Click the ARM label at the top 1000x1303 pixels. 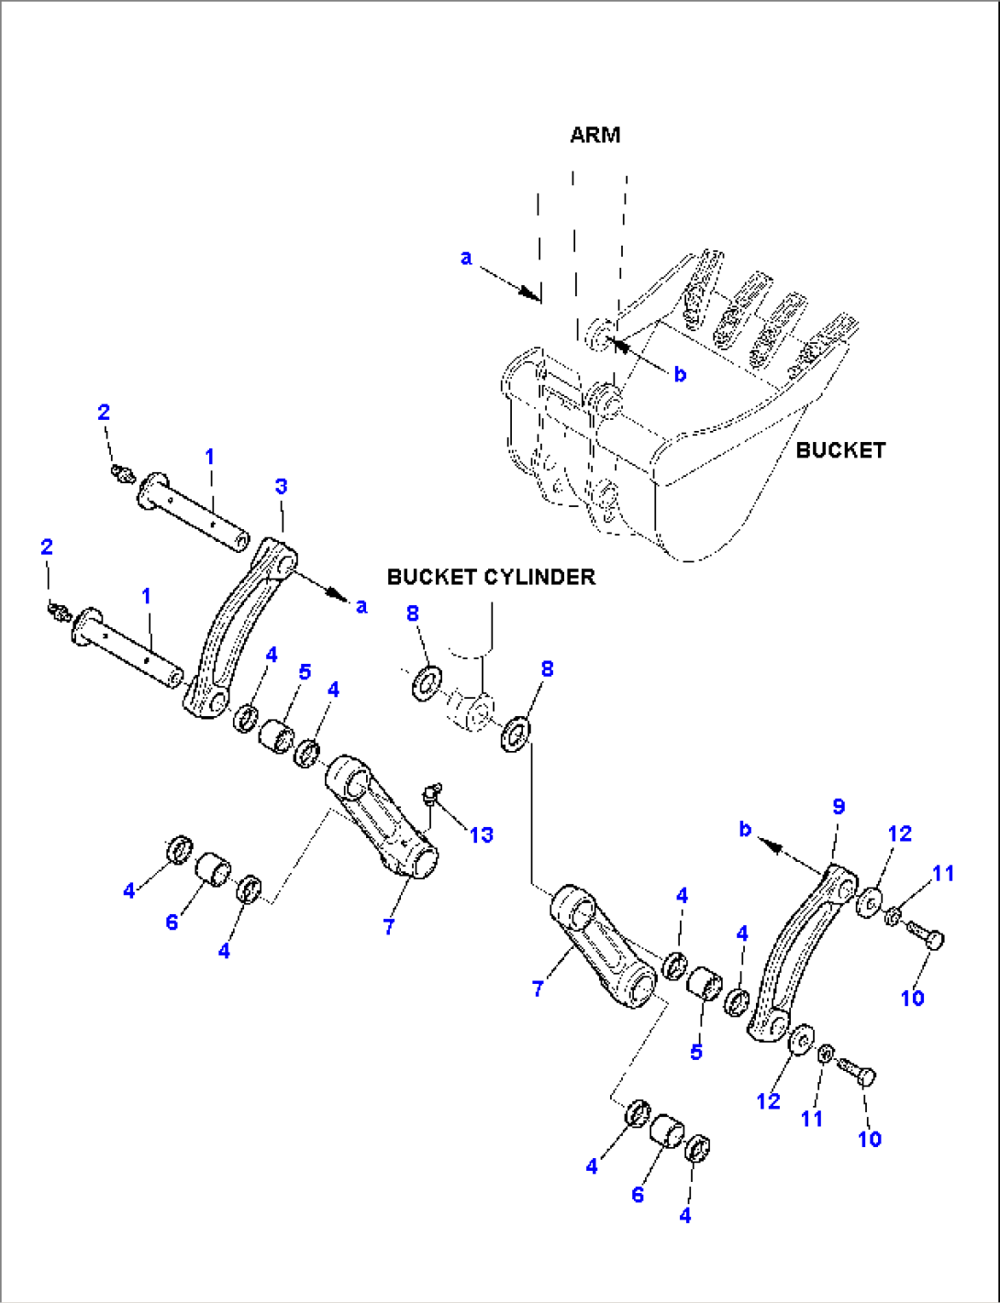[x=594, y=135]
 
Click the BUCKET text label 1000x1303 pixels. [x=839, y=450]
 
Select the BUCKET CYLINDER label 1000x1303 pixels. [x=491, y=577]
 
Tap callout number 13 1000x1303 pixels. [x=481, y=834]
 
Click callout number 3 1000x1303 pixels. [x=281, y=486]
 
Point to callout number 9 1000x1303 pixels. [x=838, y=806]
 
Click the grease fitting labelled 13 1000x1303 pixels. [x=432, y=791]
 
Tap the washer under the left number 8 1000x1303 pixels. [x=426, y=683]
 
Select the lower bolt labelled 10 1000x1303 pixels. [x=857, y=1072]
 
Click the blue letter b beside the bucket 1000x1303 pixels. [x=680, y=374]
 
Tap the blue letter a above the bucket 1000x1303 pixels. [x=466, y=258]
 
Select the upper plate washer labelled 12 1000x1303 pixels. [x=869, y=900]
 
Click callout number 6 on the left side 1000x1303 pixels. [x=172, y=922]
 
